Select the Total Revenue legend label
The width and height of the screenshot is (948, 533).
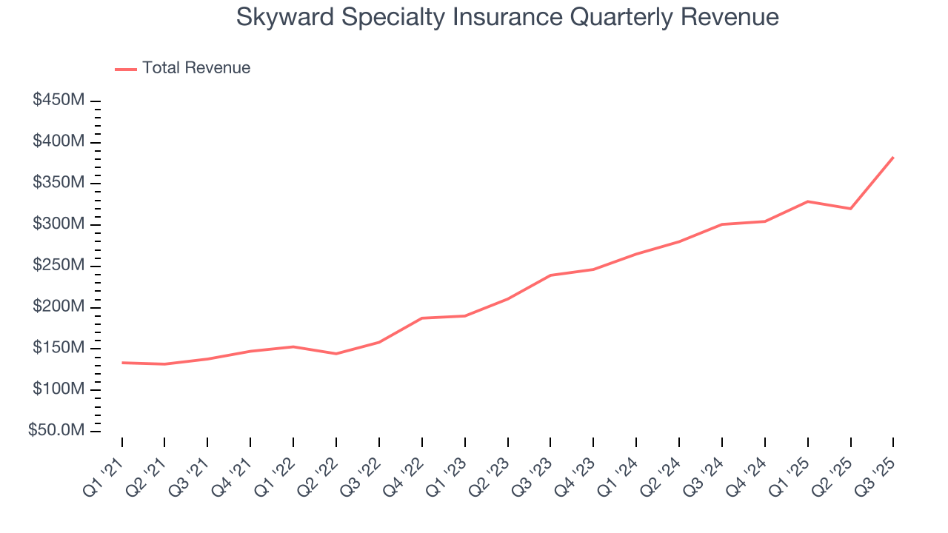[196, 68]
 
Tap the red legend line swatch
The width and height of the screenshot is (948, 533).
[126, 69]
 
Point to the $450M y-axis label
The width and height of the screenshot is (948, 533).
[58, 100]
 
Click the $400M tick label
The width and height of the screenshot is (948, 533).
[58, 141]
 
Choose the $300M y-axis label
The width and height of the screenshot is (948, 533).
[58, 224]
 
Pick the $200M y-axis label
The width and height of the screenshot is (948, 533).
[58, 307]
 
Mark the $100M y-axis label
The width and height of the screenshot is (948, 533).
[58, 389]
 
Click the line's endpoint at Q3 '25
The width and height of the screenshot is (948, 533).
[893, 157]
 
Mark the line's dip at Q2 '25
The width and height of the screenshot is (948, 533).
[850, 209]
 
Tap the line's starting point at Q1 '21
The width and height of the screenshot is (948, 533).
[122, 363]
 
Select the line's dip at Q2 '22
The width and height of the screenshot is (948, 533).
[336, 354]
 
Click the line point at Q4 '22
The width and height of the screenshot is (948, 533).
[422, 318]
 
